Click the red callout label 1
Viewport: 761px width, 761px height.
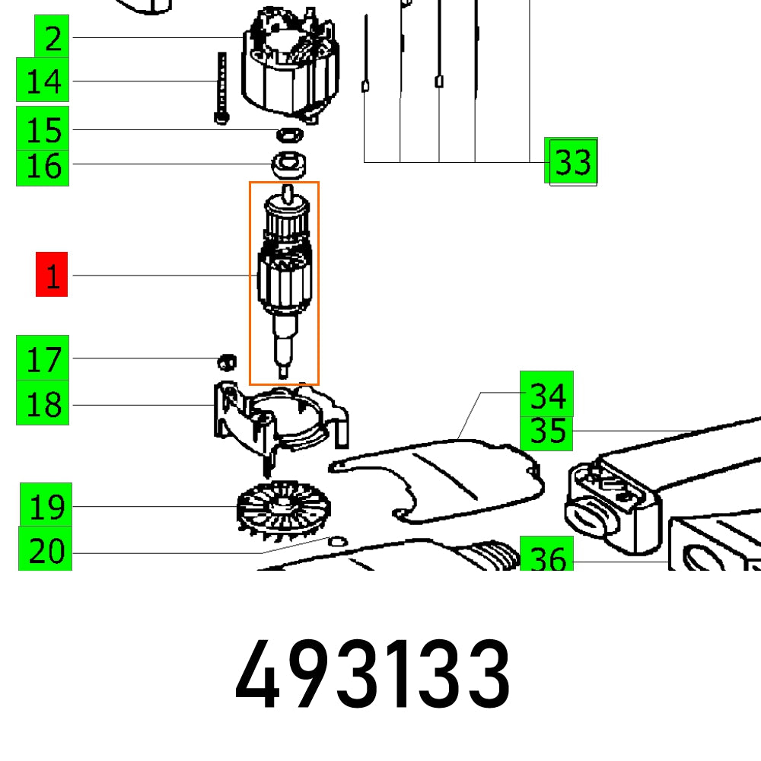coord(52,274)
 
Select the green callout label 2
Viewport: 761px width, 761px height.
coord(52,37)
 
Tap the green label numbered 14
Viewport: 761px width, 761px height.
coord(43,80)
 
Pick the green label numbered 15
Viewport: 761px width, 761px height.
coord(43,129)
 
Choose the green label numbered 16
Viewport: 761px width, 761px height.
coord(43,167)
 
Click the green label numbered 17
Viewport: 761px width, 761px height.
coord(43,358)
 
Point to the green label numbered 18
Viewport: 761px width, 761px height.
coord(43,403)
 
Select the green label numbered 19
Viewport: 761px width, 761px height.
coord(46,505)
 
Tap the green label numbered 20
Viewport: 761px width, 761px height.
coord(46,549)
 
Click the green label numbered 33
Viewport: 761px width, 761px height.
coord(572,161)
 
